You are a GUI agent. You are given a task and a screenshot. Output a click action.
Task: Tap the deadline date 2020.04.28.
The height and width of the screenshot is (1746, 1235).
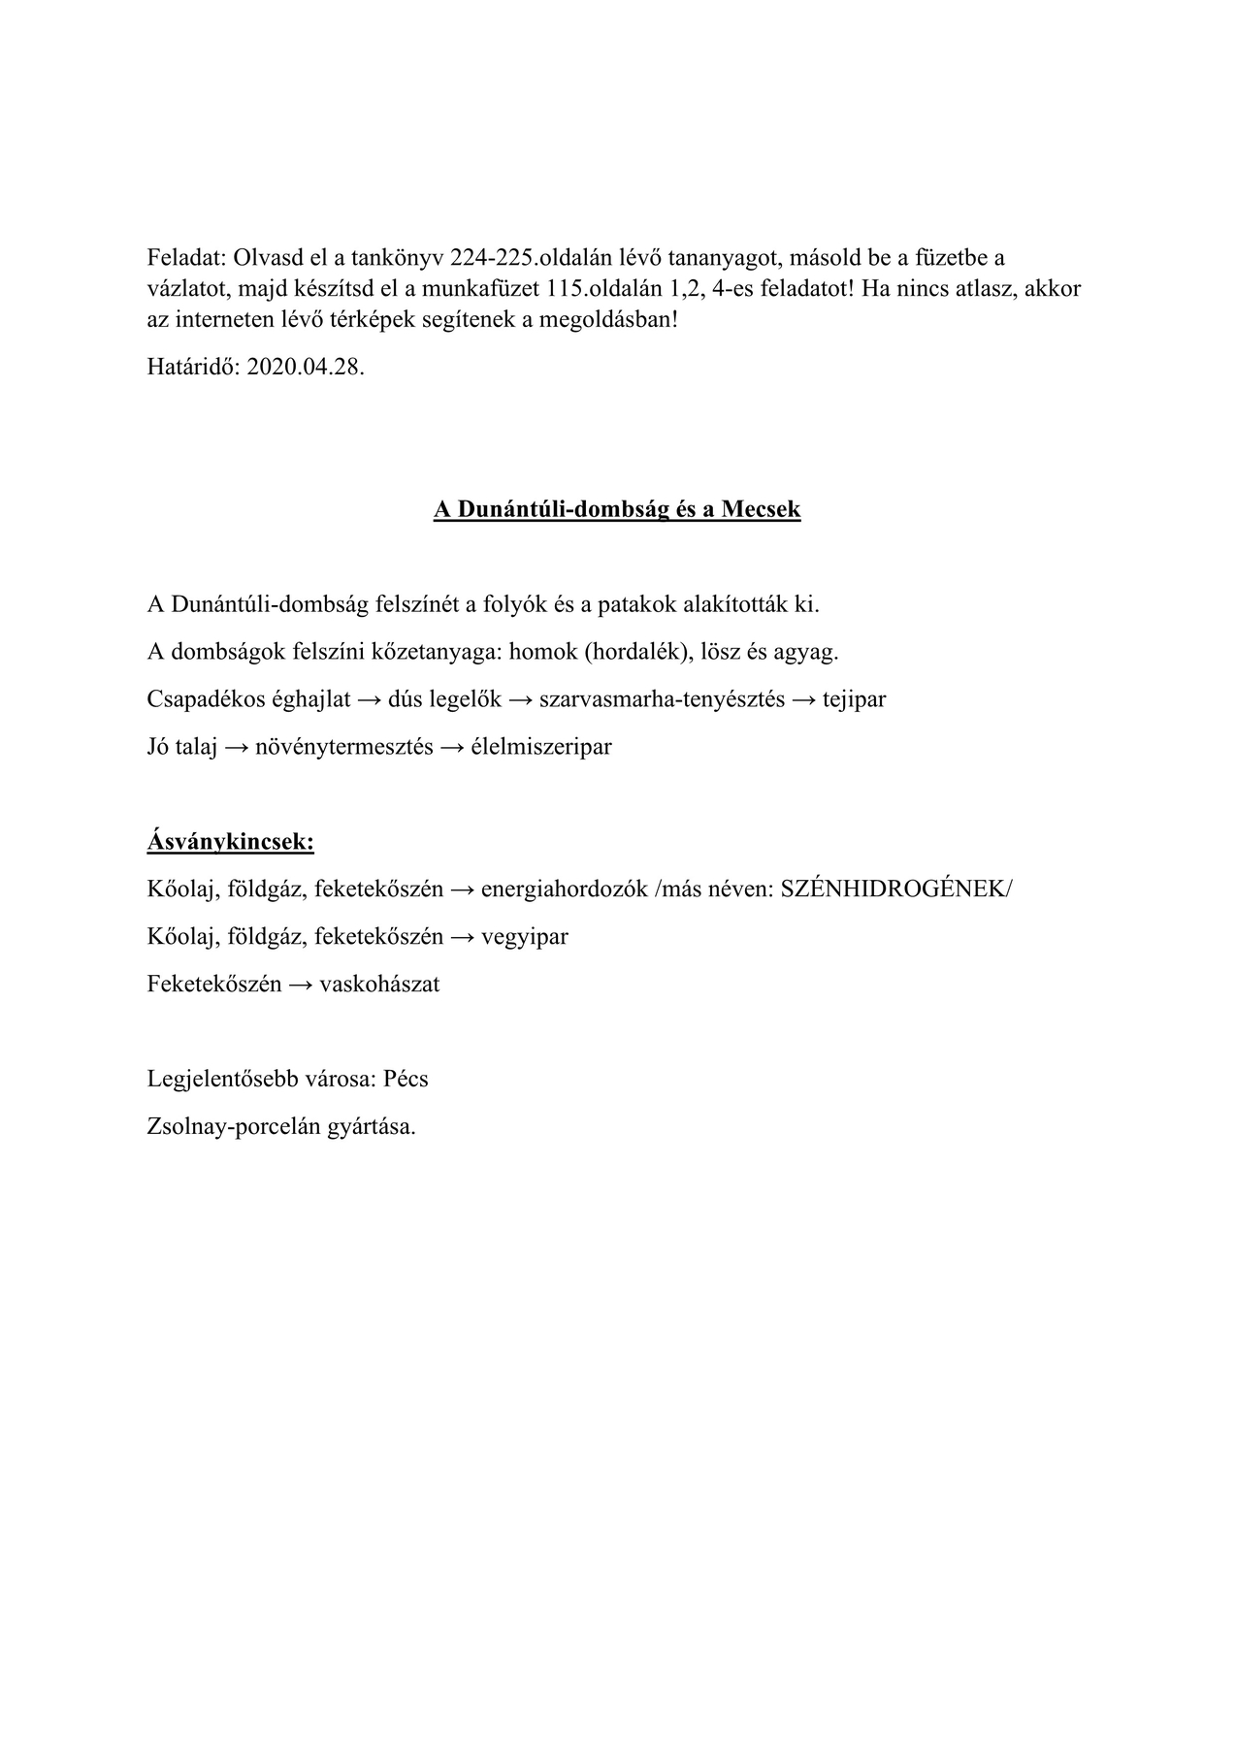click(x=306, y=369)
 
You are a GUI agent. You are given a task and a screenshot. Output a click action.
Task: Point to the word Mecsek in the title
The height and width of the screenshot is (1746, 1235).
click(x=760, y=510)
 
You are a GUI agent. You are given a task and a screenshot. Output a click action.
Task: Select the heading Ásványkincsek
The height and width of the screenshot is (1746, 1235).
click(x=231, y=842)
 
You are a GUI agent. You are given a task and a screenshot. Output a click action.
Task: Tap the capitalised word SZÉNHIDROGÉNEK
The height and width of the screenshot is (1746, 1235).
click(x=895, y=889)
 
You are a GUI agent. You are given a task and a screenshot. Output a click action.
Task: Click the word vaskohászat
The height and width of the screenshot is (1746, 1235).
click(x=379, y=985)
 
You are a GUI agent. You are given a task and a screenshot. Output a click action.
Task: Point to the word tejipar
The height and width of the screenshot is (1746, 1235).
click(x=854, y=699)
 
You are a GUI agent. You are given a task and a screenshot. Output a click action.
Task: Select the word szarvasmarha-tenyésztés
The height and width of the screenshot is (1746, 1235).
click(x=662, y=699)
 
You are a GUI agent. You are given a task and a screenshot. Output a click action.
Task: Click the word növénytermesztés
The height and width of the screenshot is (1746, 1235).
click(x=344, y=747)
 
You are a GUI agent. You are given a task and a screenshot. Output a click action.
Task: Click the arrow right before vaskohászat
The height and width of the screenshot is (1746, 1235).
click(x=302, y=985)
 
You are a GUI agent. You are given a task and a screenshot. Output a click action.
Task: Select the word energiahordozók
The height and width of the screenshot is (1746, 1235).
click(x=565, y=889)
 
